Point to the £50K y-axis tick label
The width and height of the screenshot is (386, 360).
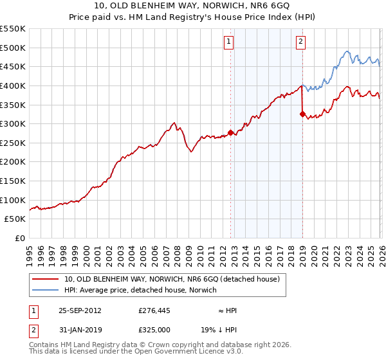pyautogui.click(x=15, y=219)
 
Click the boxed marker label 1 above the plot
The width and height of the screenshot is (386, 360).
pyautogui.click(x=229, y=42)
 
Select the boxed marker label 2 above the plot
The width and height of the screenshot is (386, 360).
pyautogui.click(x=300, y=42)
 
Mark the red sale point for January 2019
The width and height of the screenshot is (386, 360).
pyautogui.click(x=302, y=114)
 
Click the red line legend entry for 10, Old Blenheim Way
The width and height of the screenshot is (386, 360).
pyautogui.click(x=172, y=279)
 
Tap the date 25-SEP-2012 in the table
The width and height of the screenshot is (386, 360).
pyautogui.click(x=80, y=310)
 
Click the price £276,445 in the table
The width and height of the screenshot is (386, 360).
pyautogui.click(x=154, y=310)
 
